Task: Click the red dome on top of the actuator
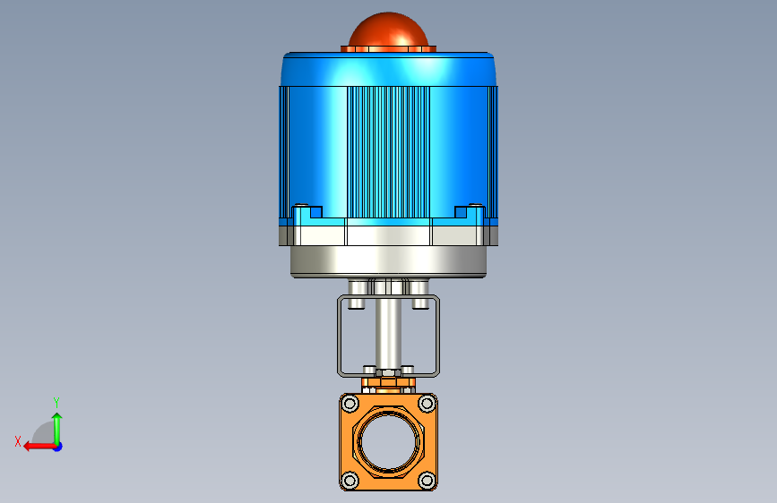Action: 388,30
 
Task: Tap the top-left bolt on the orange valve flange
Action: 350,404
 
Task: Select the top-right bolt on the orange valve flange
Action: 427,404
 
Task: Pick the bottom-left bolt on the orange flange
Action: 350,481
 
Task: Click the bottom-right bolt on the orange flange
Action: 427,481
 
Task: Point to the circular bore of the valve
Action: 389,442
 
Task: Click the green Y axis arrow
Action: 57,429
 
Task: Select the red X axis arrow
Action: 39,447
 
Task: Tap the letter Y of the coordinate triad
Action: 56,402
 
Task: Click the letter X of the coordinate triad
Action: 18,441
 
